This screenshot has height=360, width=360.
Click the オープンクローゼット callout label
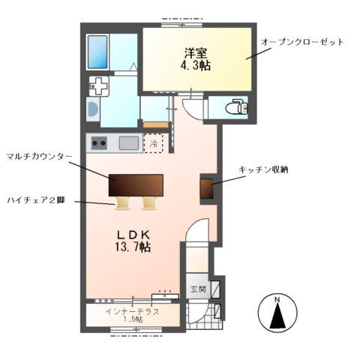tap(302, 42)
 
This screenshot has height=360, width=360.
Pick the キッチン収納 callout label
tap(264, 170)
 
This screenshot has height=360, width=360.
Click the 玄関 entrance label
tap(196, 289)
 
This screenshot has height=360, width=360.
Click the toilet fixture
tap(237, 107)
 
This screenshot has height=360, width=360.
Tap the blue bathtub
tap(98, 51)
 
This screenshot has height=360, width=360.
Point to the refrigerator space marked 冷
tap(154, 142)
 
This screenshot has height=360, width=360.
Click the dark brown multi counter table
tap(136, 184)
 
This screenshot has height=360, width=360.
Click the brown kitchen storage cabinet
tap(206, 189)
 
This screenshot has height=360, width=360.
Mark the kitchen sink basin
tap(128, 142)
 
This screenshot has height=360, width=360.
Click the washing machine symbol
tap(99, 86)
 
